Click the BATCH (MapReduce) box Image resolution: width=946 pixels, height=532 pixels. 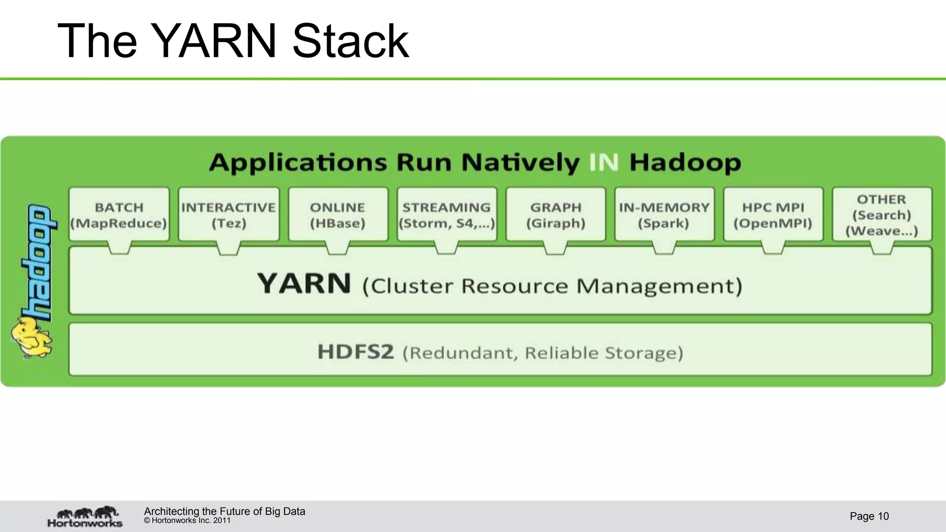[x=119, y=215]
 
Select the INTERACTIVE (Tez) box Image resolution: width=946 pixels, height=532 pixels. [x=229, y=215]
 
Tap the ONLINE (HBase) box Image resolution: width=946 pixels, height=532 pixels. [x=338, y=215]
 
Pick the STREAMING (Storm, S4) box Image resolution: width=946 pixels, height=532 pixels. [x=447, y=215]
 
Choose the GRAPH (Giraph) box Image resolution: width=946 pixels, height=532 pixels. [x=556, y=215]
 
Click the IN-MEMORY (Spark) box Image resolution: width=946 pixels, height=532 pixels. [x=664, y=215]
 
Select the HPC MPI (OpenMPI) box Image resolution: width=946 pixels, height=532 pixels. [x=773, y=215]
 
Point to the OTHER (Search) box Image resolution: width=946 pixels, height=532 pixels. [x=882, y=215]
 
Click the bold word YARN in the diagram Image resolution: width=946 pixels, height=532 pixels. [x=304, y=284]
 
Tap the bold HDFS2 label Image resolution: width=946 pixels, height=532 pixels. [x=356, y=352]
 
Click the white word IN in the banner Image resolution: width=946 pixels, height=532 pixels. [x=604, y=163]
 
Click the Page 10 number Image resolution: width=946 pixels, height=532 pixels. [x=869, y=516]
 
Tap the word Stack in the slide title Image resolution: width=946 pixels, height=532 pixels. [x=351, y=42]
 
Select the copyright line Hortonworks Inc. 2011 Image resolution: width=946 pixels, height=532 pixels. [x=187, y=520]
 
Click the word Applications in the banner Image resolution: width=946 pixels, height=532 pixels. [x=298, y=163]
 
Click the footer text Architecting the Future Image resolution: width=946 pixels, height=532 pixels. [x=224, y=511]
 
